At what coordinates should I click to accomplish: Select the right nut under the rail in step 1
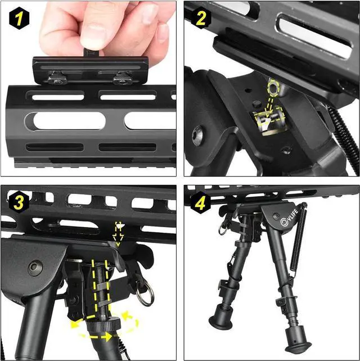click(x=120, y=79)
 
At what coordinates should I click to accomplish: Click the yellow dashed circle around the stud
click(x=273, y=87)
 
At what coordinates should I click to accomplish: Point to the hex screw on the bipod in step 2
click(x=197, y=135)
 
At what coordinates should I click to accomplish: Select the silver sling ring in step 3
click(x=145, y=295)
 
